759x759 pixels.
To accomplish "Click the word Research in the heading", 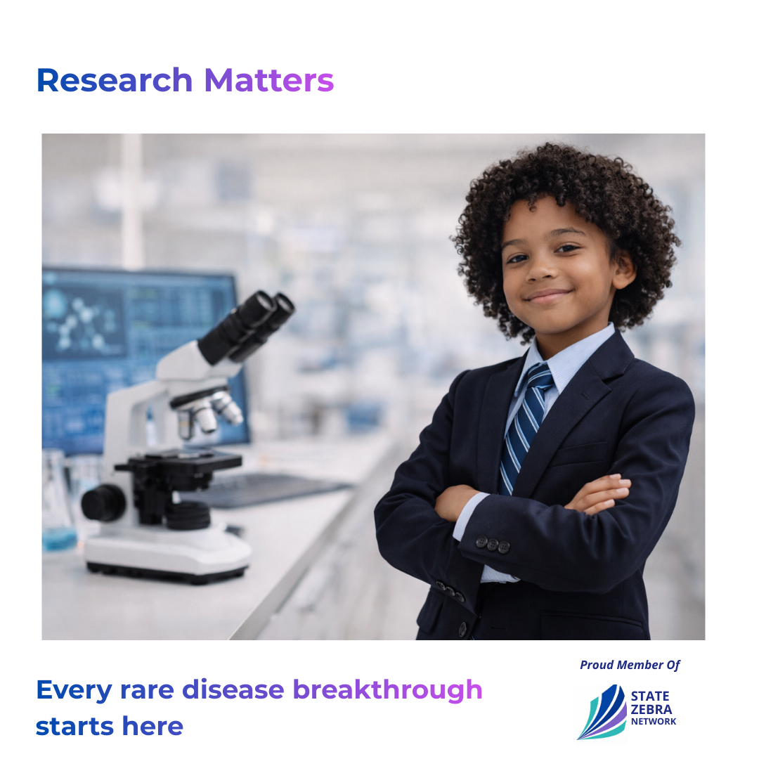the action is (x=115, y=80).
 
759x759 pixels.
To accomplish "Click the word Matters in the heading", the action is (x=269, y=80).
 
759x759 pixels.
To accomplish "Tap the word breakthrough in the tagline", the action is (x=388, y=690).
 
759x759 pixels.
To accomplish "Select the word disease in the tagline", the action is (x=233, y=689).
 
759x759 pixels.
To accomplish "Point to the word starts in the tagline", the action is (x=74, y=727).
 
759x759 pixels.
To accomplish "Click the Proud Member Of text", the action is (x=630, y=665).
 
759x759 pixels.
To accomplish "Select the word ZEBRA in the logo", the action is (x=651, y=710).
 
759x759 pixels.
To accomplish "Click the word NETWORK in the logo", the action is (x=654, y=721).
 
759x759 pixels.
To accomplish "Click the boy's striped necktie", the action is (x=525, y=426).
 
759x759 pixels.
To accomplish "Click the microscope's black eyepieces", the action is (x=247, y=326).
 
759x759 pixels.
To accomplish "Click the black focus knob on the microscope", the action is (x=103, y=502).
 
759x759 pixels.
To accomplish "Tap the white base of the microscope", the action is (x=168, y=554).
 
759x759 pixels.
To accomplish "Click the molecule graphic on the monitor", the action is (x=82, y=323).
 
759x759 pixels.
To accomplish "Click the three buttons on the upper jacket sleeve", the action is (x=492, y=545).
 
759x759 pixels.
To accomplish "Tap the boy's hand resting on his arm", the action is (x=600, y=495).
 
